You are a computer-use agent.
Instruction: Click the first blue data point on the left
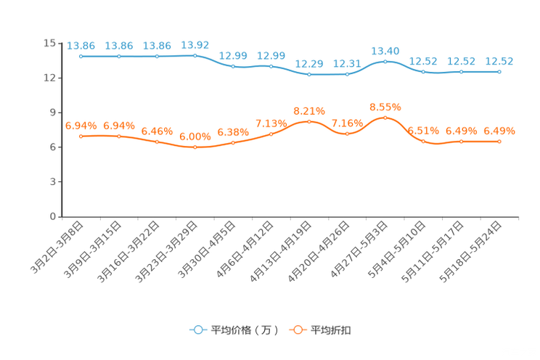[x=81, y=56]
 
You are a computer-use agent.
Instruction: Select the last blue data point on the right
[x=499, y=71]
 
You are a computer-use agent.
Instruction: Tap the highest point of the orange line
[x=385, y=117]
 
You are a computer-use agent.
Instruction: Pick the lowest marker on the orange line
[x=195, y=147]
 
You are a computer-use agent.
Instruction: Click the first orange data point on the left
[x=81, y=136]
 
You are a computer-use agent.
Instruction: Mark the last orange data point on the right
[x=499, y=141]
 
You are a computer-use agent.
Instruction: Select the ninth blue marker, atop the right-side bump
[x=385, y=61]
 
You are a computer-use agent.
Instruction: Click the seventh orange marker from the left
[x=309, y=121]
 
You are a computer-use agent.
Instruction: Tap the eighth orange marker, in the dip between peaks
[x=347, y=134]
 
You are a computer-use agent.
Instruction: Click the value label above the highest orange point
[x=385, y=107]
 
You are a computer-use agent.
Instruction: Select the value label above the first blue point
[x=81, y=46]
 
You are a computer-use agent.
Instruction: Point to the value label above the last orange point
[x=499, y=131]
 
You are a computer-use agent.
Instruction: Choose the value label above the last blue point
[x=499, y=61]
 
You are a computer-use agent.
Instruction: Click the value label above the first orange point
[x=81, y=126]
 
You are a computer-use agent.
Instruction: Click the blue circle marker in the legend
[x=197, y=330]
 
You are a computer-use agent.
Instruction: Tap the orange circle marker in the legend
[x=297, y=330]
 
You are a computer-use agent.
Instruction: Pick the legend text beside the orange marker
[x=332, y=330]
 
